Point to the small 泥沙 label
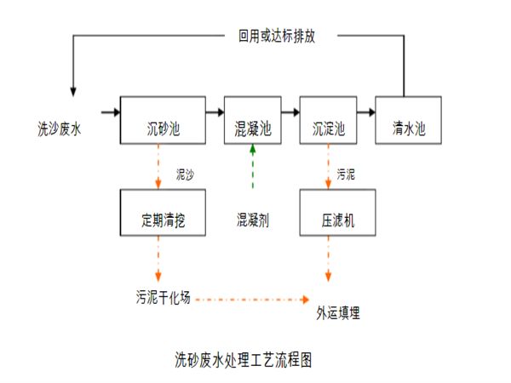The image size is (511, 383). point(185,173)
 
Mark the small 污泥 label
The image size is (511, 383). point(346,174)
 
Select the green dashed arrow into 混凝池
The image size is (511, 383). point(252,164)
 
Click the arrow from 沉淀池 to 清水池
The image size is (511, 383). point(366,111)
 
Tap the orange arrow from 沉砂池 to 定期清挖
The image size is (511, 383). point(158,165)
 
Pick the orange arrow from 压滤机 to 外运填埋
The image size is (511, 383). point(329,259)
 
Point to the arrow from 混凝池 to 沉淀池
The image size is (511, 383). point(290,111)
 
